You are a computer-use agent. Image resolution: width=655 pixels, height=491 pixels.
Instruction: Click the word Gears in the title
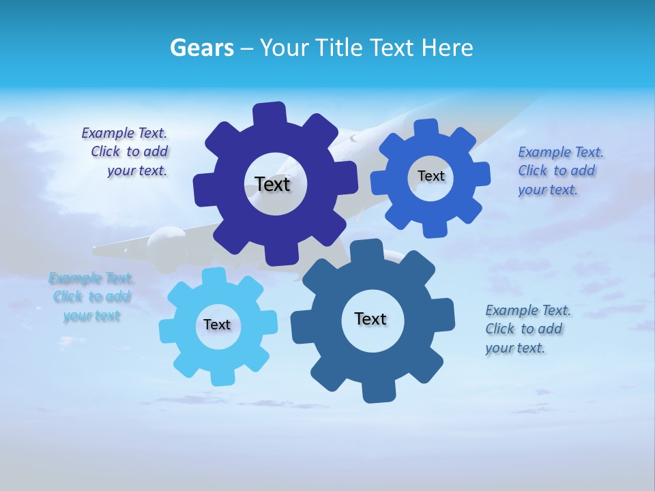[x=202, y=48]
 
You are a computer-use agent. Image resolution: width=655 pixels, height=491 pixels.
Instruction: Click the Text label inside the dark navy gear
[x=272, y=184]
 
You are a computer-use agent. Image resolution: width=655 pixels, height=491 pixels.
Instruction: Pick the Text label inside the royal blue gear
[x=431, y=176]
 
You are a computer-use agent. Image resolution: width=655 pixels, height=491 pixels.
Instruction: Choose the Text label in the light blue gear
[x=217, y=325]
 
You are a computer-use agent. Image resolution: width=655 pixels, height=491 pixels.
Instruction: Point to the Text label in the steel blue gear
[x=370, y=318]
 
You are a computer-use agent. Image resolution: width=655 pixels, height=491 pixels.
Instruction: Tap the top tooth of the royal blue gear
[x=426, y=128]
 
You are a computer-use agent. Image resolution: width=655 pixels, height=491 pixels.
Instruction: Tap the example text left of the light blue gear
[x=91, y=297]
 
